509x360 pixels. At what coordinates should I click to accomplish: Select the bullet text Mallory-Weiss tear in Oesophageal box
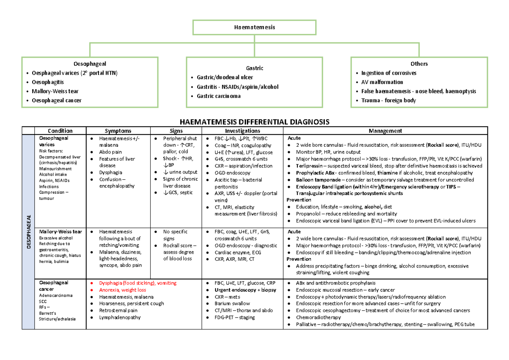tap(54, 91)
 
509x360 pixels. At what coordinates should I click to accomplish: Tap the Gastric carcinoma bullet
tap(219, 96)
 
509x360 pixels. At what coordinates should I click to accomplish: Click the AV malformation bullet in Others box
tap(382, 82)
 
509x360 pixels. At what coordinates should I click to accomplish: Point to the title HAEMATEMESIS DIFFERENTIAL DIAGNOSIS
tap(255, 122)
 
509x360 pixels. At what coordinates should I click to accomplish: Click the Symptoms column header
tap(118, 131)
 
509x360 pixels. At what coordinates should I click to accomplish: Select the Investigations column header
tap(242, 131)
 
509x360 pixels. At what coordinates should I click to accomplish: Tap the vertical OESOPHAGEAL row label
tap(29, 229)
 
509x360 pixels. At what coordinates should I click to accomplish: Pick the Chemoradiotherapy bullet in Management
tap(318, 317)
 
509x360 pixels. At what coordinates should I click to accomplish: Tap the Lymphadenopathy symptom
tap(120, 317)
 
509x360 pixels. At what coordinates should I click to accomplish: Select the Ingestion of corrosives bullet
tap(389, 73)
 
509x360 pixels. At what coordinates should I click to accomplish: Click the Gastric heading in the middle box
tap(255, 68)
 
